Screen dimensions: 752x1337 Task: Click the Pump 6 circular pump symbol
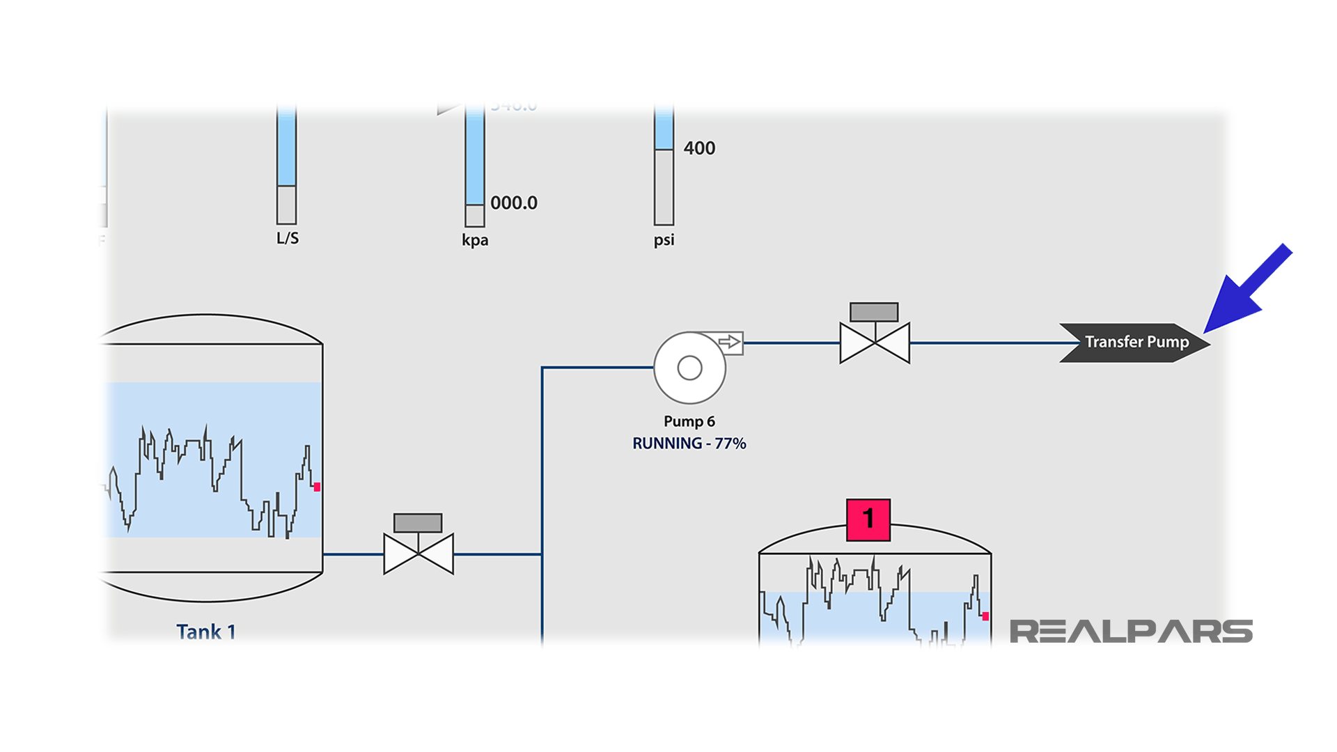[x=689, y=368]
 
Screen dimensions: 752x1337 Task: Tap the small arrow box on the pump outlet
[x=729, y=342]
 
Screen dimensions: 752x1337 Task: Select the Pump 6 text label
[x=689, y=421]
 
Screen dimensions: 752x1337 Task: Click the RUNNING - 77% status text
[x=689, y=444]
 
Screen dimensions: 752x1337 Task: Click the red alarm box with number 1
[x=868, y=519]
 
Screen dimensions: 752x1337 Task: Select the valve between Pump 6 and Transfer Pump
[x=875, y=343]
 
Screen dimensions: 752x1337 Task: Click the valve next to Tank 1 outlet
[x=419, y=554]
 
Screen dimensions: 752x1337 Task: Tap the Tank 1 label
[x=206, y=632]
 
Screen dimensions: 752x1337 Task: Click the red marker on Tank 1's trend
[x=317, y=487]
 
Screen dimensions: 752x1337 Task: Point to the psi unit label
[x=664, y=240]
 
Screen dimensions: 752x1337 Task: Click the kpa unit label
[x=475, y=240]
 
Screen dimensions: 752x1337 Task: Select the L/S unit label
[x=288, y=238]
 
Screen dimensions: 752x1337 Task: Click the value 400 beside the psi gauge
[x=699, y=148]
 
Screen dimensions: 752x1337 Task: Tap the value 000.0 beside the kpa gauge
[x=514, y=203]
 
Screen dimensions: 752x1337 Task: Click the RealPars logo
[x=1131, y=632]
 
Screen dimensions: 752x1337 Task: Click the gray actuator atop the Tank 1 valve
[x=418, y=523]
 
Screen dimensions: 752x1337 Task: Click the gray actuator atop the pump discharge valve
[x=874, y=312]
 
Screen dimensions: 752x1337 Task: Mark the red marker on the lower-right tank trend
[x=985, y=616]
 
